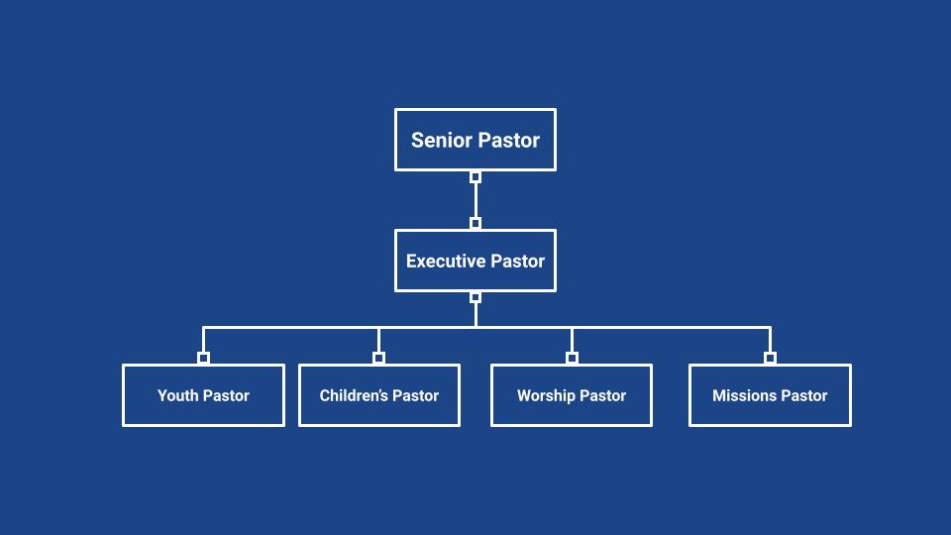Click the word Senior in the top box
coord(439,140)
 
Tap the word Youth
coord(178,395)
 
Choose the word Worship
coord(546,395)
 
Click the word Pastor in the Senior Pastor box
coord(507,140)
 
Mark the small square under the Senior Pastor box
coord(475,177)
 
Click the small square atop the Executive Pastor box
coord(475,223)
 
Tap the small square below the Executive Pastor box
coord(475,297)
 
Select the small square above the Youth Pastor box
coord(203,358)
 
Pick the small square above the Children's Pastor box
coord(378,358)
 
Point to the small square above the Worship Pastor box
coord(572,358)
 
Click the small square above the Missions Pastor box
coord(770,358)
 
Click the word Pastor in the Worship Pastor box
coord(603,395)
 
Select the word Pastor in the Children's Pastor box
coord(416,395)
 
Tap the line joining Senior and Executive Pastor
coord(475,200)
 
